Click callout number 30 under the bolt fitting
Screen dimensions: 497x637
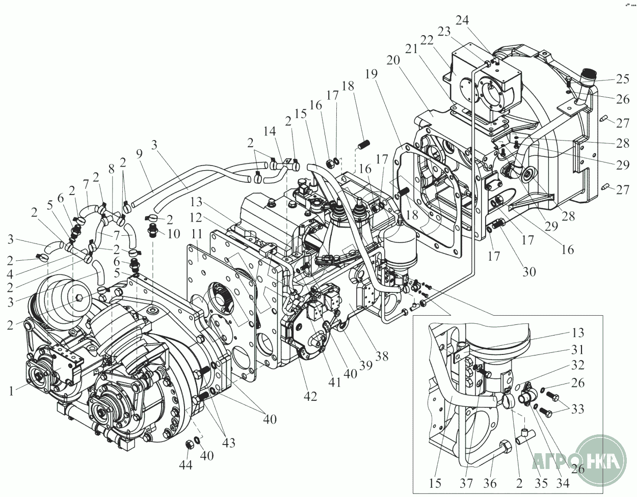529,271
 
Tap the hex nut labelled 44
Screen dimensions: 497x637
188,444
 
